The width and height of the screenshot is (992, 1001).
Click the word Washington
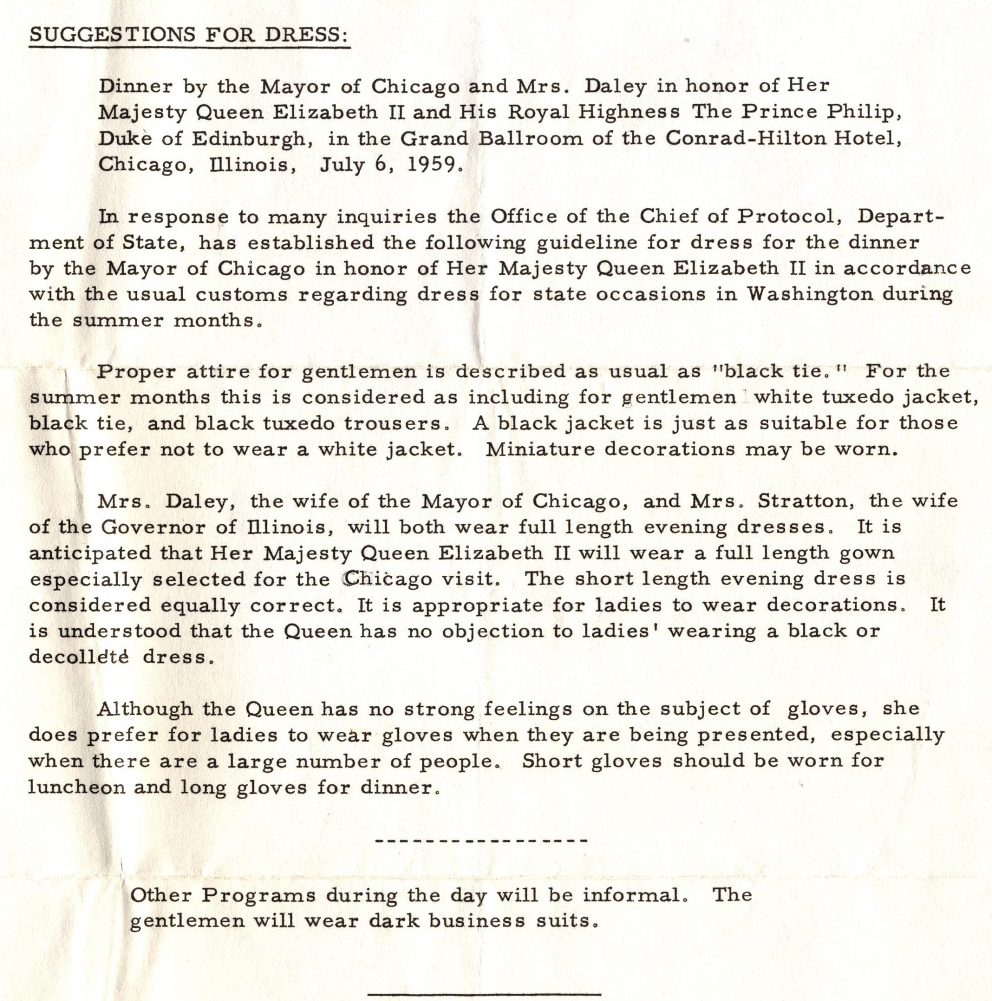[x=811, y=294]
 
